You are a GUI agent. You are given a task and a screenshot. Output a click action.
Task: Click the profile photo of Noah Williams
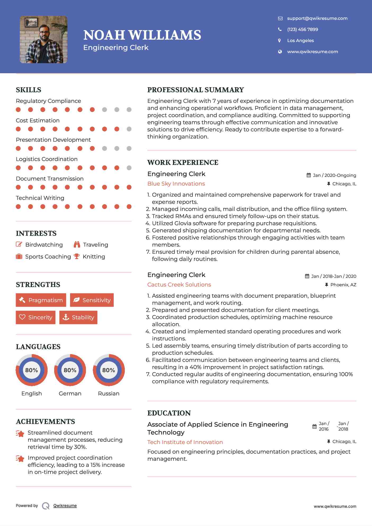tap(44, 40)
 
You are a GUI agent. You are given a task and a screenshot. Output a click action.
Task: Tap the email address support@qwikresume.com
tap(317, 18)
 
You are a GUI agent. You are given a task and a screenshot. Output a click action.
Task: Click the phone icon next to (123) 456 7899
tap(280, 29)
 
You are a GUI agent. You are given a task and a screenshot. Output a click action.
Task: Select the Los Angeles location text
tap(300, 40)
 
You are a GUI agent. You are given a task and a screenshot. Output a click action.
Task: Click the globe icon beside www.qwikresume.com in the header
tap(280, 52)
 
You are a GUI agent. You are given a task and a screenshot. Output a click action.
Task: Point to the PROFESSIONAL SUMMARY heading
tap(195, 90)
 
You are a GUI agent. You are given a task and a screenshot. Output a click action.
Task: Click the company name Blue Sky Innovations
tap(176, 184)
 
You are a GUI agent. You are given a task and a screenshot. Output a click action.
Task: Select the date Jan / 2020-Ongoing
tap(334, 175)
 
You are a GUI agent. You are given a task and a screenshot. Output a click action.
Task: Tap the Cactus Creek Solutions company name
tap(179, 285)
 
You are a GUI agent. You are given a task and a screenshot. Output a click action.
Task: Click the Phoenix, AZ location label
tap(343, 285)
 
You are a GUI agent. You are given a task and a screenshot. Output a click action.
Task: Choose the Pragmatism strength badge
tap(41, 300)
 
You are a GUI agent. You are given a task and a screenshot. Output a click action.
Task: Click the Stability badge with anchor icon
tap(78, 317)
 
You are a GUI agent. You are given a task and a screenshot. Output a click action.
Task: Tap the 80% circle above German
tap(70, 370)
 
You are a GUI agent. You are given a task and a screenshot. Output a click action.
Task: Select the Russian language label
tap(108, 394)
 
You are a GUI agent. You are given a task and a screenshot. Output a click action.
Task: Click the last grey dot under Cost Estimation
tap(129, 129)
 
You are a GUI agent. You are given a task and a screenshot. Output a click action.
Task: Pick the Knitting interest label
tap(94, 257)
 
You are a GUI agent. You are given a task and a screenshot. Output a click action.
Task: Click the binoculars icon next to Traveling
tap(77, 244)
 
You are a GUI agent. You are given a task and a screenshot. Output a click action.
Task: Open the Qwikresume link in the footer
tap(65, 506)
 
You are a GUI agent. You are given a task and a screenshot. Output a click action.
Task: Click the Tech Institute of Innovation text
tap(185, 442)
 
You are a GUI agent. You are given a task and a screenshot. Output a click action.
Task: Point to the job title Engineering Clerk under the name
tap(116, 48)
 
